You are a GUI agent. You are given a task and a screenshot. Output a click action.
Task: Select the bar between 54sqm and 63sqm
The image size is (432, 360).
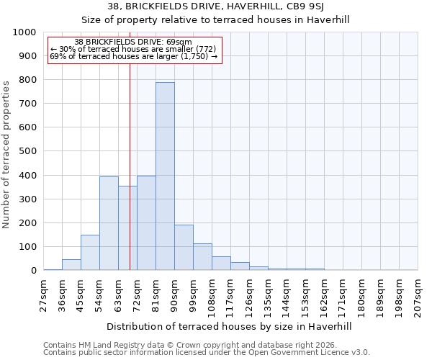109,223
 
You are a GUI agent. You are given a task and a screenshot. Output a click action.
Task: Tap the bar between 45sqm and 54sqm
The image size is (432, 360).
90,252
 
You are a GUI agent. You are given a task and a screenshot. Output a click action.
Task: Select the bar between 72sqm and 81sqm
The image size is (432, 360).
146,223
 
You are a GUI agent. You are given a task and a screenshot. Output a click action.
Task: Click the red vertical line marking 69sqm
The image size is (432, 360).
130,166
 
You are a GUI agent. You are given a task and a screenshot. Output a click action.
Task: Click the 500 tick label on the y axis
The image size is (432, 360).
27,151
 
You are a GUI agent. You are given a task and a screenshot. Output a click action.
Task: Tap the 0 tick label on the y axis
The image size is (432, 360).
33,271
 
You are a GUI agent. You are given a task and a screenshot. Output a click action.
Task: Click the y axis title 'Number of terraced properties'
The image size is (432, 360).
6,154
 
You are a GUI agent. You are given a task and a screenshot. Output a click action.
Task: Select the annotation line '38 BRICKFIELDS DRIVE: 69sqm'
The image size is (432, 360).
133,42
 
